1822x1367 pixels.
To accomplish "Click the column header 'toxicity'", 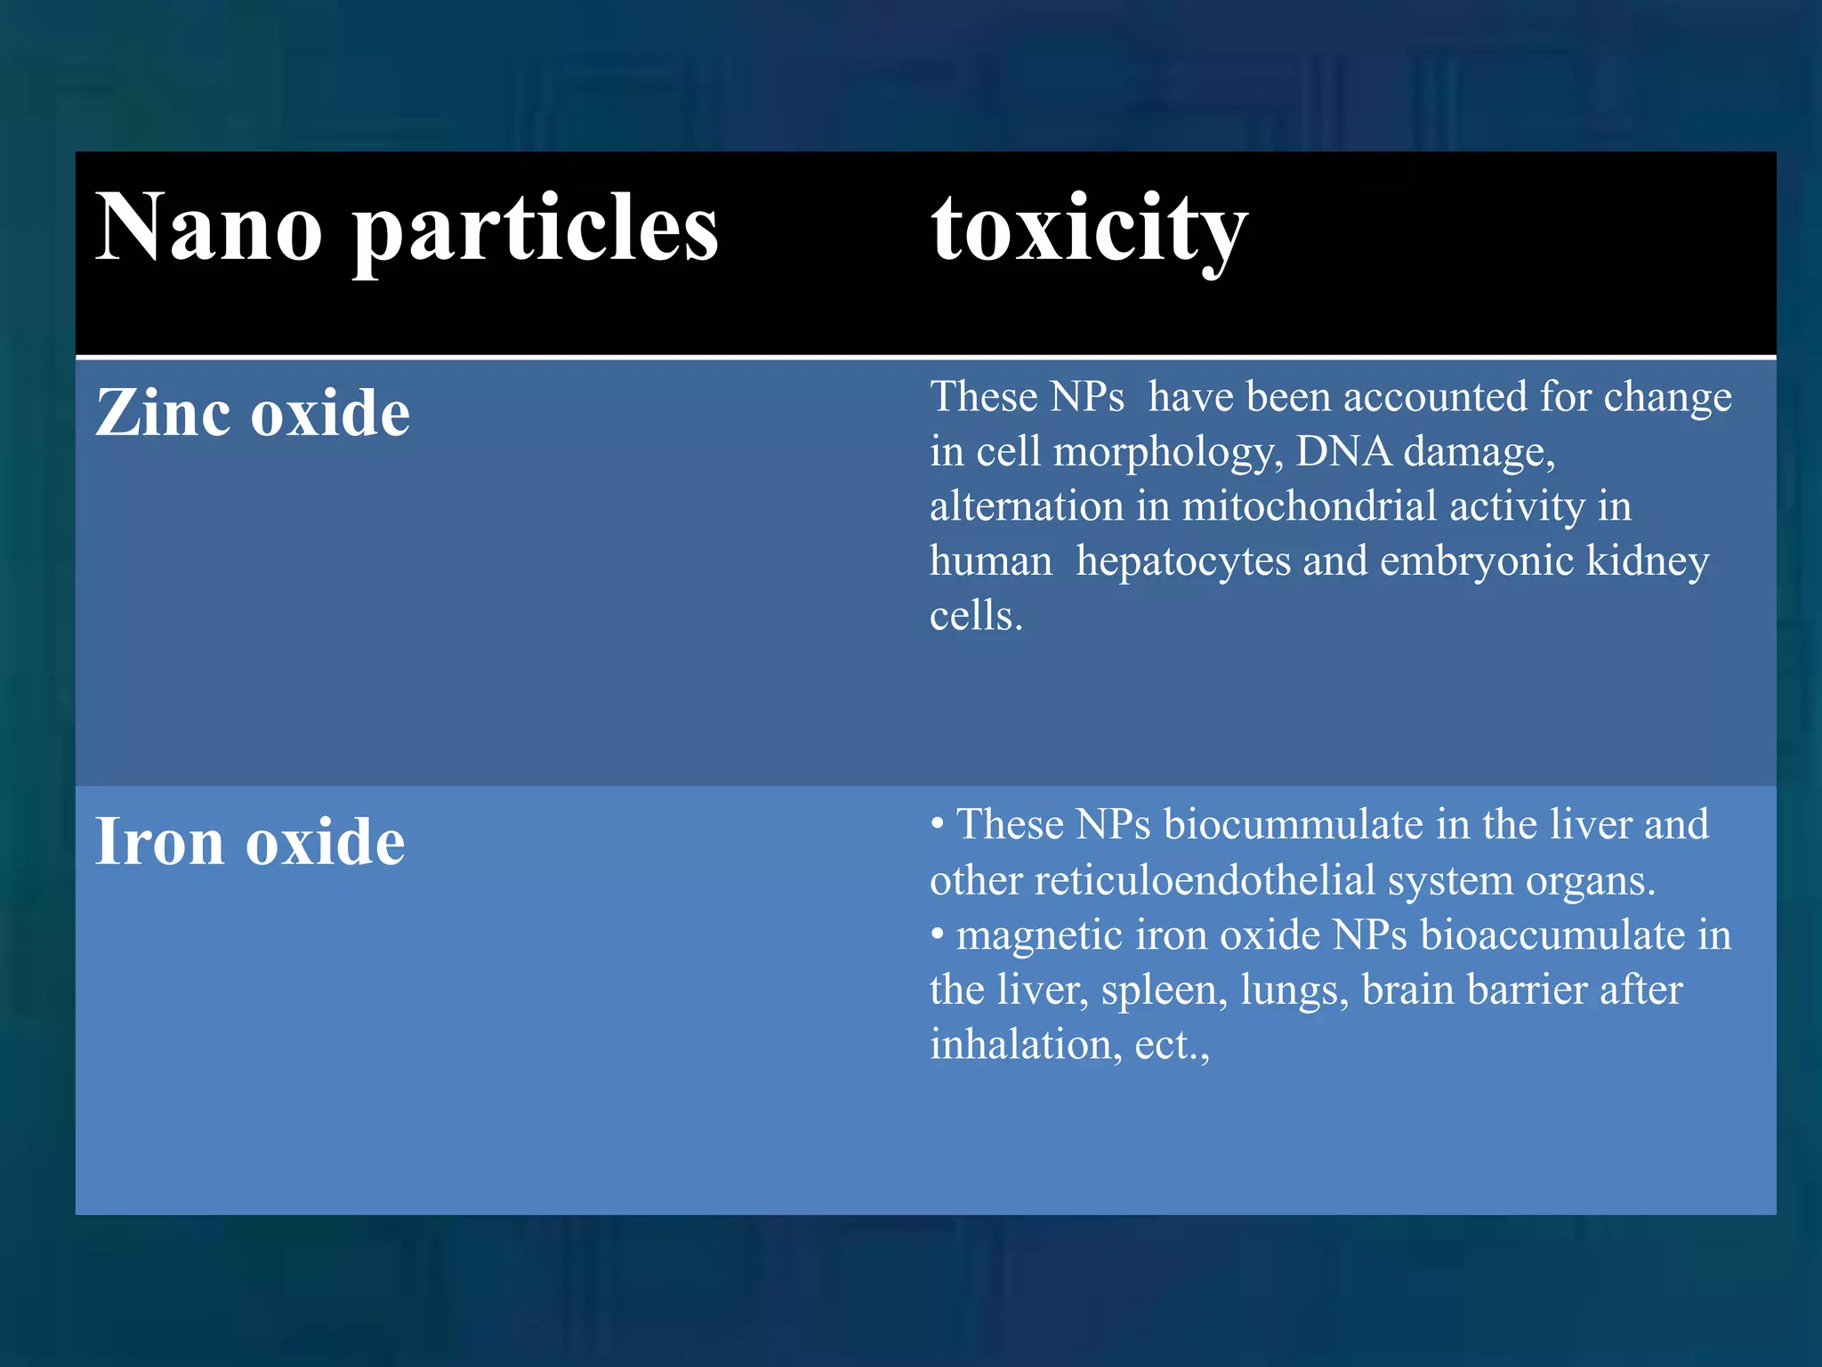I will [1089, 230].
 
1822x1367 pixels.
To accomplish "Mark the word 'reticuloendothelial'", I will [1205, 881].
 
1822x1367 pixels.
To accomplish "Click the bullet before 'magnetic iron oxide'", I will [937, 934].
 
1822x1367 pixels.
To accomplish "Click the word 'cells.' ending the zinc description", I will [976, 616].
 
